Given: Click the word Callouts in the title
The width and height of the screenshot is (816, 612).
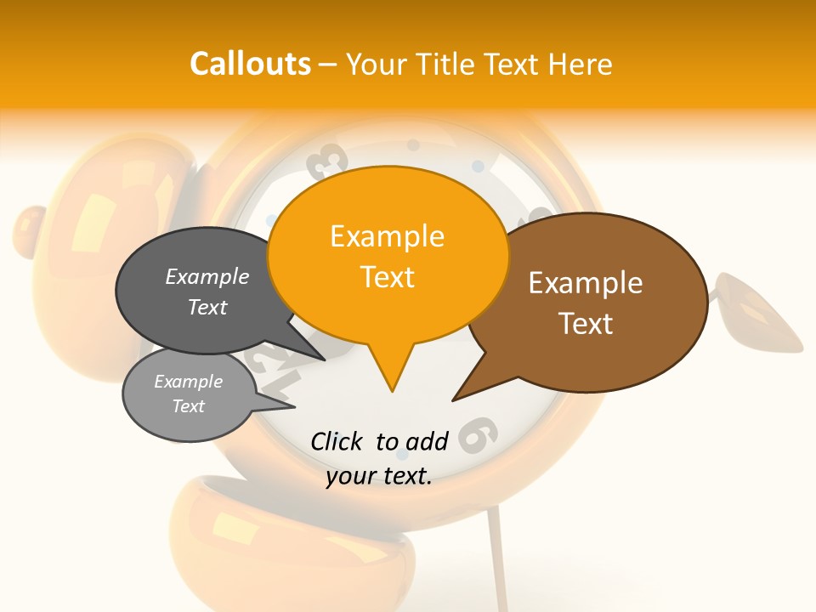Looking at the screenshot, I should point(250,64).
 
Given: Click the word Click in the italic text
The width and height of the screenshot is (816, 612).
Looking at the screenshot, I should point(337,441).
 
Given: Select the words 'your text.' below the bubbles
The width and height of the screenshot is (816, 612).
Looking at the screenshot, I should point(379,476).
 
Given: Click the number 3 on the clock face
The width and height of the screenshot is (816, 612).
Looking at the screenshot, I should point(331,158).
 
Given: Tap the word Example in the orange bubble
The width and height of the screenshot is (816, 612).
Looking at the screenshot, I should point(387,236).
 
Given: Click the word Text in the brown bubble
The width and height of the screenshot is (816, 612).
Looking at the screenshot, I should point(586,323).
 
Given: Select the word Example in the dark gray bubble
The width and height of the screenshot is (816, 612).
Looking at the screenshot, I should point(207,277).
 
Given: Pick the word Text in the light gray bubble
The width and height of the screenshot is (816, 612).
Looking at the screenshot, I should point(189,406).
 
